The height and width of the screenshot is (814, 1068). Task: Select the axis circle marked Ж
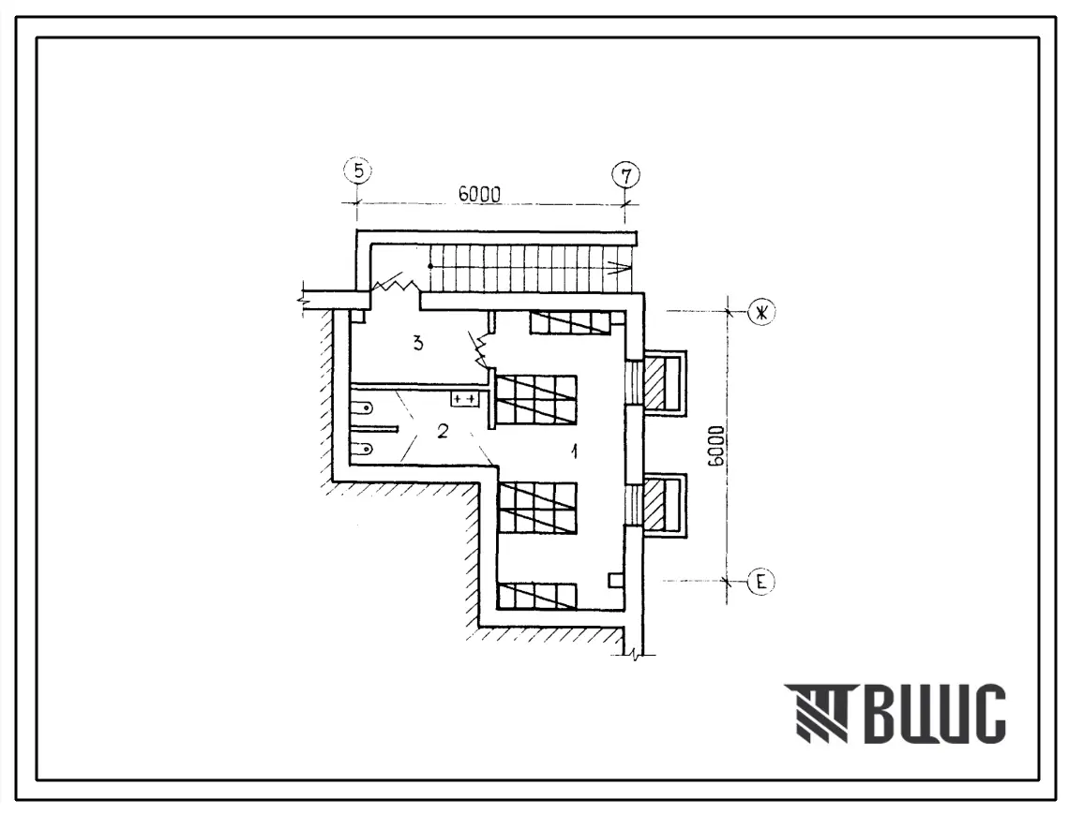pos(760,312)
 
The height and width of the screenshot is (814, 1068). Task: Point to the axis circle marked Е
pos(760,582)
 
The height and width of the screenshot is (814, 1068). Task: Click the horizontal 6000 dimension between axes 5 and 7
pos(479,194)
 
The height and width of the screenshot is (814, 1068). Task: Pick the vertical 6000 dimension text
pos(715,447)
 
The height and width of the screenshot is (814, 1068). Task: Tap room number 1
pos(575,451)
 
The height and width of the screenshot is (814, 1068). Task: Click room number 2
pos(443,431)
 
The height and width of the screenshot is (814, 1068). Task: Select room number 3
pos(417,343)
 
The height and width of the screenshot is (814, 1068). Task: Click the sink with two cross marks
pos(464,399)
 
